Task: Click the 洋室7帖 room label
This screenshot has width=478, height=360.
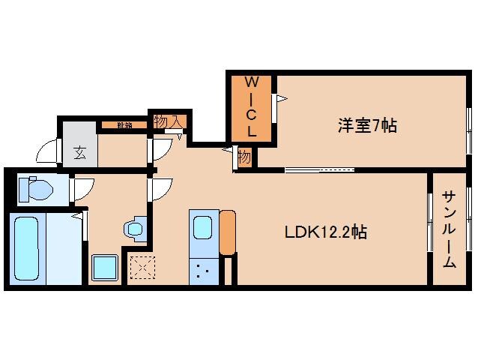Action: point(366,126)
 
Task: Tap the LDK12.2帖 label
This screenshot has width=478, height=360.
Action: point(324,232)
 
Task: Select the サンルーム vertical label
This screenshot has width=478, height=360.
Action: point(449,229)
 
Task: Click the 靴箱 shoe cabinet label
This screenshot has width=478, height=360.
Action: point(124,125)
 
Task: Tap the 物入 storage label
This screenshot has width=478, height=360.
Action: point(168,121)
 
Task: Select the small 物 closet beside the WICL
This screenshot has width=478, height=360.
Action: point(244,157)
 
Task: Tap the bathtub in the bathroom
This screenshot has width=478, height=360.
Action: point(27,247)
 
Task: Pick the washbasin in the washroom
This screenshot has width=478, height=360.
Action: point(136,228)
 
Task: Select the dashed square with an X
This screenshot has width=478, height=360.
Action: point(141,267)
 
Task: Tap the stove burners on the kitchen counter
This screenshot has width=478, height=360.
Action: point(202,270)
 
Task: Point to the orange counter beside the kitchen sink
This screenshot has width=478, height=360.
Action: point(228,233)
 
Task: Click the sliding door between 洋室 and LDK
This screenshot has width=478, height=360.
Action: point(319,169)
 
